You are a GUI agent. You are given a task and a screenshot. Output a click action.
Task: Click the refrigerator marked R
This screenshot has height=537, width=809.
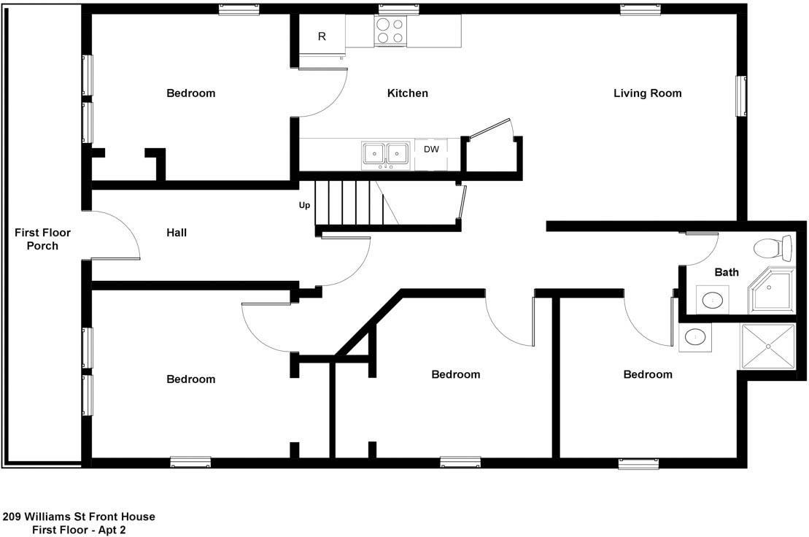(322, 36)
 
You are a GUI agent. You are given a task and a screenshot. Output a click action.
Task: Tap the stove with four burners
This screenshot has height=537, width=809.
(390, 31)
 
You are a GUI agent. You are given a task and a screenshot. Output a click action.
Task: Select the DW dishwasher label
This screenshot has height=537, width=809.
(431, 150)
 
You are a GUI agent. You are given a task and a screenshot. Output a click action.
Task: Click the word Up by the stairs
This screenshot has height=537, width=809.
(304, 205)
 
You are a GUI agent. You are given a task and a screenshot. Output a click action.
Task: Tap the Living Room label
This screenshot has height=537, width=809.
(647, 93)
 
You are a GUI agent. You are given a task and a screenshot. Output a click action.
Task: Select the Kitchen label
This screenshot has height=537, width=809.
(407, 93)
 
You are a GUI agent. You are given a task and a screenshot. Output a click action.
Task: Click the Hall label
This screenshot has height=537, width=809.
(177, 233)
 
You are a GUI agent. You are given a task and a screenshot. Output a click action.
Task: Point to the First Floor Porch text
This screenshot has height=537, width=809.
(42, 239)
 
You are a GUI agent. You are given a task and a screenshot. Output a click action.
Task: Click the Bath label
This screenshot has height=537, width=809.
(726, 272)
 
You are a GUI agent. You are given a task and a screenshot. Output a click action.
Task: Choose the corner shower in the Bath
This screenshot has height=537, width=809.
(773, 290)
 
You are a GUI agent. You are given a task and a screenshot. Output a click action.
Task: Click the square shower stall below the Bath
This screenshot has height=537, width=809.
(768, 347)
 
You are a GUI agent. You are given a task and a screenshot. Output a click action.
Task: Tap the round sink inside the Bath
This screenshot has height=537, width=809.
(713, 299)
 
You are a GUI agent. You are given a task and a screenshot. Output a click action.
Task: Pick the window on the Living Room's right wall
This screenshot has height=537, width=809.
(741, 96)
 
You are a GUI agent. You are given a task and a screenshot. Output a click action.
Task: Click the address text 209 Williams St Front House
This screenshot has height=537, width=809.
(79, 517)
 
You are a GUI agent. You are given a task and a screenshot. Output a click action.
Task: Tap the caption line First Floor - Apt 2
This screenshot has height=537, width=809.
(79, 530)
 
